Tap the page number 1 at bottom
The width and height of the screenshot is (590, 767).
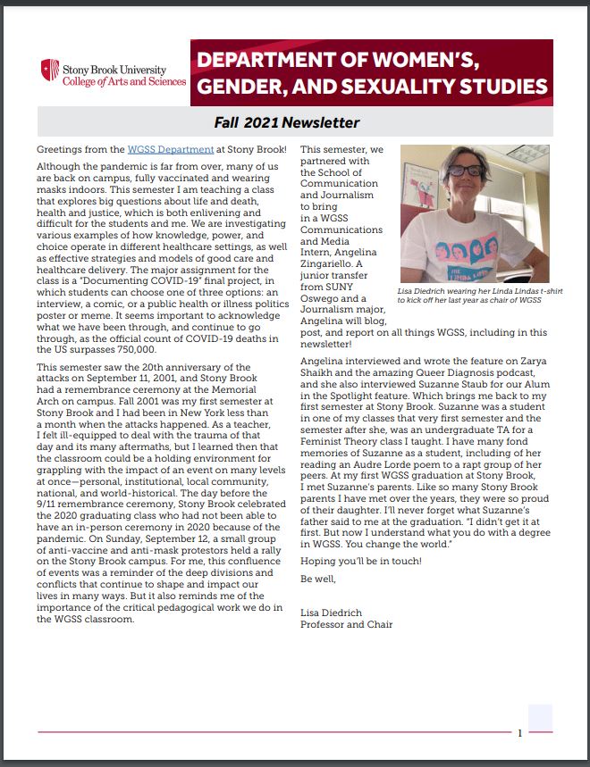tap(519, 733)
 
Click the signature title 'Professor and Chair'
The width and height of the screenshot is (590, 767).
tap(346, 624)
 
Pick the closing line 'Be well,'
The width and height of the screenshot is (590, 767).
tap(316, 579)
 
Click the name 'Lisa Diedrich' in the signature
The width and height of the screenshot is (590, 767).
tap(330, 612)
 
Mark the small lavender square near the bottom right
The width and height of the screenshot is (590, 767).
tap(541, 717)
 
